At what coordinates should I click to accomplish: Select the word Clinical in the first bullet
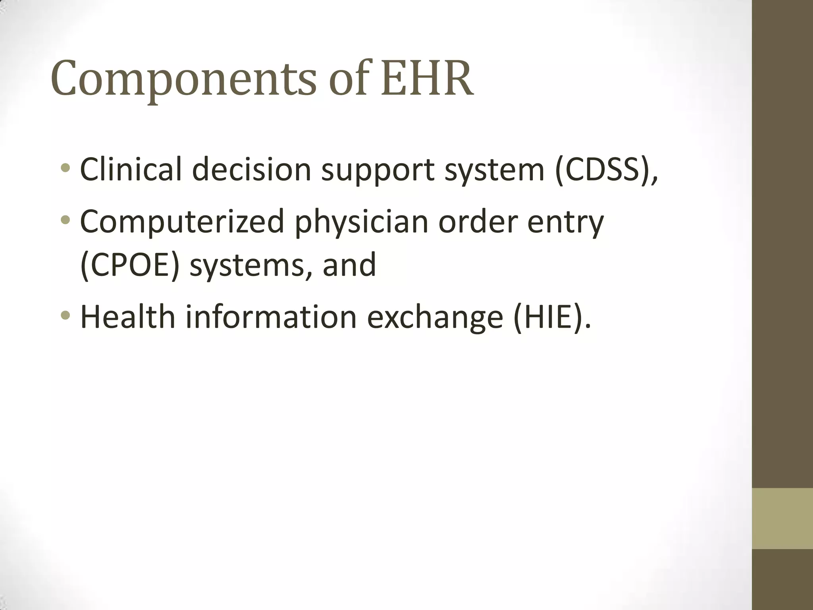[131, 170]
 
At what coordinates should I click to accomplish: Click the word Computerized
[182, 222]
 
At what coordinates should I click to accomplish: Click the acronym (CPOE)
[129, 265]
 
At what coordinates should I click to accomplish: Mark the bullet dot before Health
[66, 316]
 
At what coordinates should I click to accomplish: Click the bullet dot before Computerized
[66, 220]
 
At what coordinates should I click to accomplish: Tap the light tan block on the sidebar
[782, 518]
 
